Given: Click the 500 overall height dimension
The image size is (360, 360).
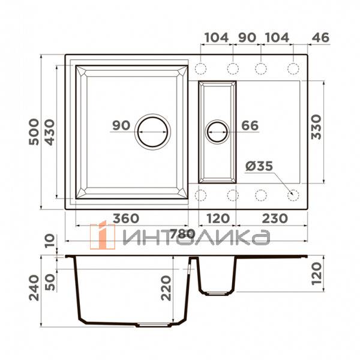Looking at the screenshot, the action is [34, 132].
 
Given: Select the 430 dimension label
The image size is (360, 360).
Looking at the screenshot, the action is [50, 132].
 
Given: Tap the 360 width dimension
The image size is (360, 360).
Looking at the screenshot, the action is [126, 218].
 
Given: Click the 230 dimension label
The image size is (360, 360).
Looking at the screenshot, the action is [275, 218].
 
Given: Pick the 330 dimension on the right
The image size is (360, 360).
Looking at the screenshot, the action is [316, 127].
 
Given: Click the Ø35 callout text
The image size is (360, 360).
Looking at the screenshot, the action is [259, 166].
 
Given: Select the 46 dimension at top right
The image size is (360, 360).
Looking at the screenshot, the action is [320, 38].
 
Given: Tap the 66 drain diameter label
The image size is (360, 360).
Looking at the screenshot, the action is [250, 125].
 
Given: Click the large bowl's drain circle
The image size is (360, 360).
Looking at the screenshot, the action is [152, 117].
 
